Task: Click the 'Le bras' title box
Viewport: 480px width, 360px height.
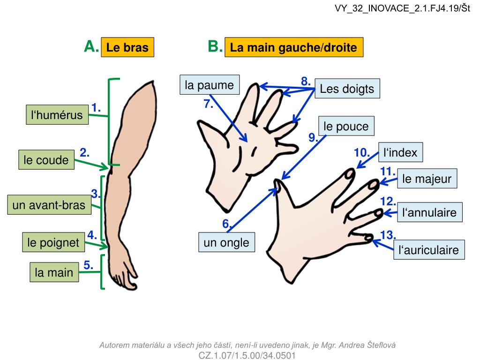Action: [127, 47]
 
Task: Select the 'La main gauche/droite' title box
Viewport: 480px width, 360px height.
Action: [294, 47]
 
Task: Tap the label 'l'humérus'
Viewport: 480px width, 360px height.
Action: [57, 115]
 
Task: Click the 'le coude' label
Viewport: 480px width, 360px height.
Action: [46, 160]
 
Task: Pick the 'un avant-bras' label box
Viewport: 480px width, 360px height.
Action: [49, 205]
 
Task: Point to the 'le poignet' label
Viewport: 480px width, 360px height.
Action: [53, 243]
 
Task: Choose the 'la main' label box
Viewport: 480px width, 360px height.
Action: [54, 272]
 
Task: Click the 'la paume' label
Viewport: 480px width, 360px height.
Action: [209, 85]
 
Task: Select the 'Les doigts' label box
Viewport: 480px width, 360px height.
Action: [347, 89]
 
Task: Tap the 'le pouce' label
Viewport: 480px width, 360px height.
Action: [346, 126]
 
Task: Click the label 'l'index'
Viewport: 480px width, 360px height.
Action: [400, 152]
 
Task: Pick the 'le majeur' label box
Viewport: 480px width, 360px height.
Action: [427, 179]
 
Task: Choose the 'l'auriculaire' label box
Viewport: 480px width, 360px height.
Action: [428, 250]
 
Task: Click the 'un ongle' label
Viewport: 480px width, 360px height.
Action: [226, 242]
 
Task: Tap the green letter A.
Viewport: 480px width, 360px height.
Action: [91, 46]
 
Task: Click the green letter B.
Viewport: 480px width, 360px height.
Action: [215, 46]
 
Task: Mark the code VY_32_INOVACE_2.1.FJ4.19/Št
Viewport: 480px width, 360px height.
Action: [402, 8]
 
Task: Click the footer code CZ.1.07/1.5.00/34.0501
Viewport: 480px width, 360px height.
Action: [247, 355]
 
